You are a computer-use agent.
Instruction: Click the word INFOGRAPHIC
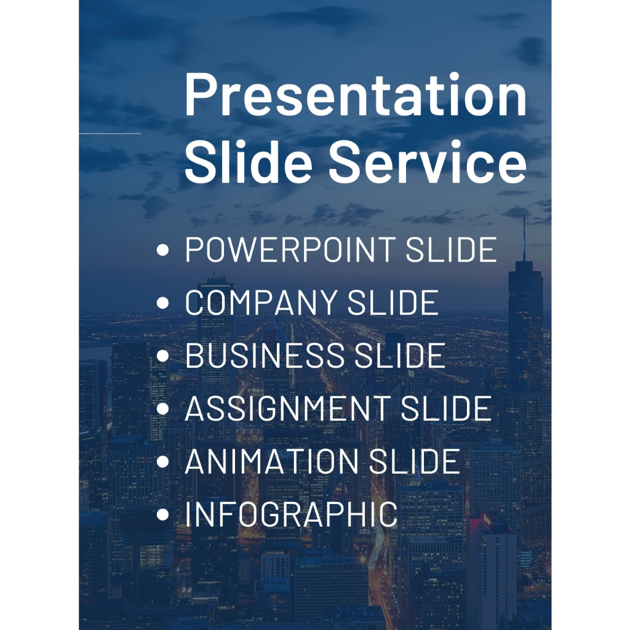[x=291, y=514]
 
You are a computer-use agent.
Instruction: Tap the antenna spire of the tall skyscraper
[x=524, y=237]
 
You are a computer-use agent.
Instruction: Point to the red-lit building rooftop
[x=486, y=523]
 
